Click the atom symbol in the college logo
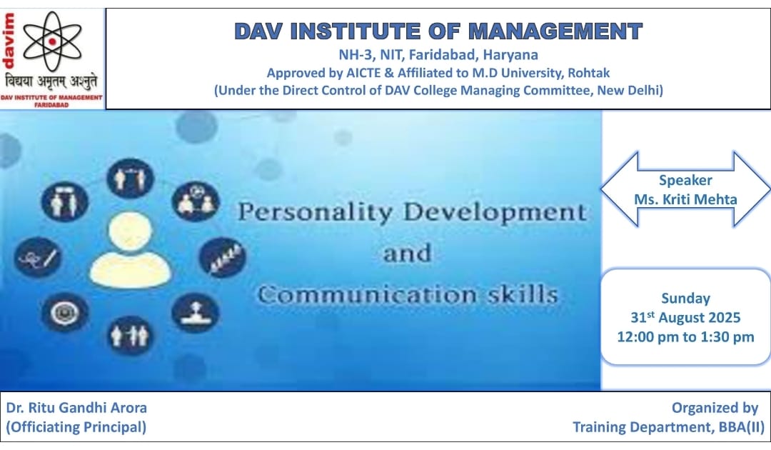tap(52, 41)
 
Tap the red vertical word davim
tap(9, 40)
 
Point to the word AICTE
tap(363, 73)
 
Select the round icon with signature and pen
tap(38, 256)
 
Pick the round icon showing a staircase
tap(223, 257)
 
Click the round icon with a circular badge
tap(65, 312)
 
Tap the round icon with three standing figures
tap(131, 336)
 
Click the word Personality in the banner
tap(315, 213)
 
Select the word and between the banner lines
tap(407, 254)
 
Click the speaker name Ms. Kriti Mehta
tap(685, 199)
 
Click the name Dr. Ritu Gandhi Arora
tap(76, 408)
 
